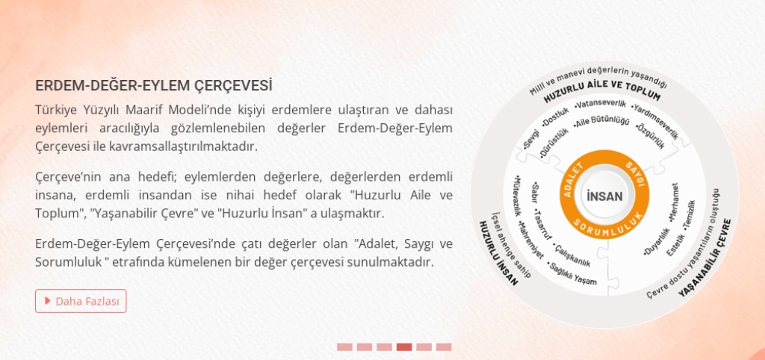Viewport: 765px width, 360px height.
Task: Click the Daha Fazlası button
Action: [81, 301]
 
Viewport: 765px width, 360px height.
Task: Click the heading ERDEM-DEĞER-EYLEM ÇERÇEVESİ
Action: [154, 86]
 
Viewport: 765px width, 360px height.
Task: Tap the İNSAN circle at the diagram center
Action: [604, 196]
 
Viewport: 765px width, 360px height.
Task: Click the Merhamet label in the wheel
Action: [673, 203]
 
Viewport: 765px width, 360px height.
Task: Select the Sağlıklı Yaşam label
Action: [572, 273]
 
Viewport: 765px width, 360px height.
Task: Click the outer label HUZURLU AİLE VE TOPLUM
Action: [602, 90]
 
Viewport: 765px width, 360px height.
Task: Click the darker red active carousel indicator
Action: [404, 347]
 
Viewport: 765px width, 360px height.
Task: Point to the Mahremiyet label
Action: [531, 240]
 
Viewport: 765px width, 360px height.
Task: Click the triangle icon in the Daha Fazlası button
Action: [47, 300]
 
